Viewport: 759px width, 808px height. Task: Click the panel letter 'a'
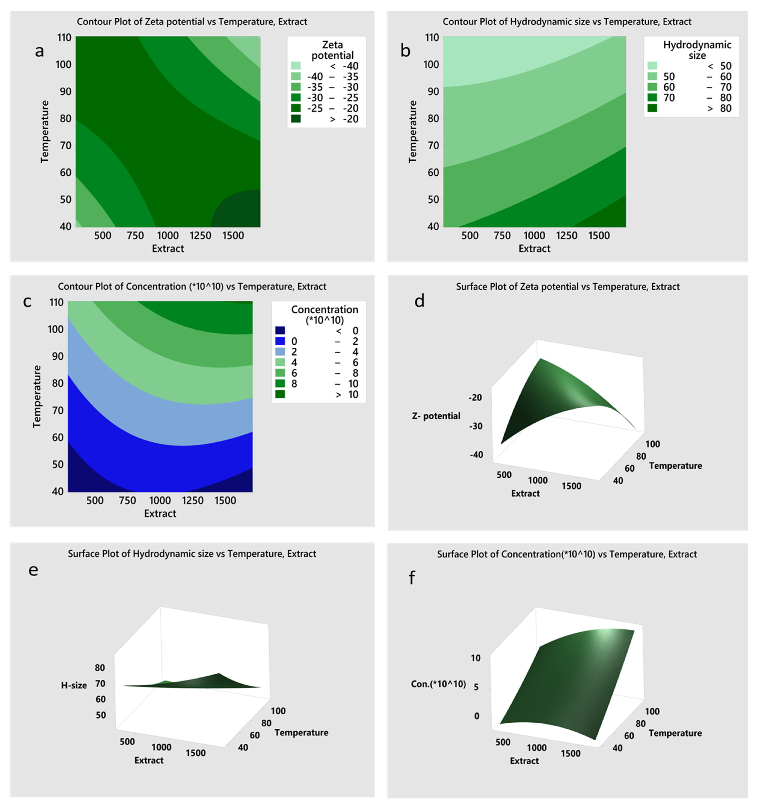39,51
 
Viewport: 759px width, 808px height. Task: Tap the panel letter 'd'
419,301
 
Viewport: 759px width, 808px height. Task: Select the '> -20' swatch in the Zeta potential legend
296,119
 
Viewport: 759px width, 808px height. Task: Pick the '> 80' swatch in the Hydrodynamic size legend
652,108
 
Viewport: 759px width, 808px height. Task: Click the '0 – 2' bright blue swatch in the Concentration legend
280,341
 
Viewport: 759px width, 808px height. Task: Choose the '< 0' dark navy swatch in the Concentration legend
280,330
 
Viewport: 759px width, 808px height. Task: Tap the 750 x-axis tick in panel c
127,500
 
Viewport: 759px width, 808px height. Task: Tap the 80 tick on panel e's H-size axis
100,668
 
